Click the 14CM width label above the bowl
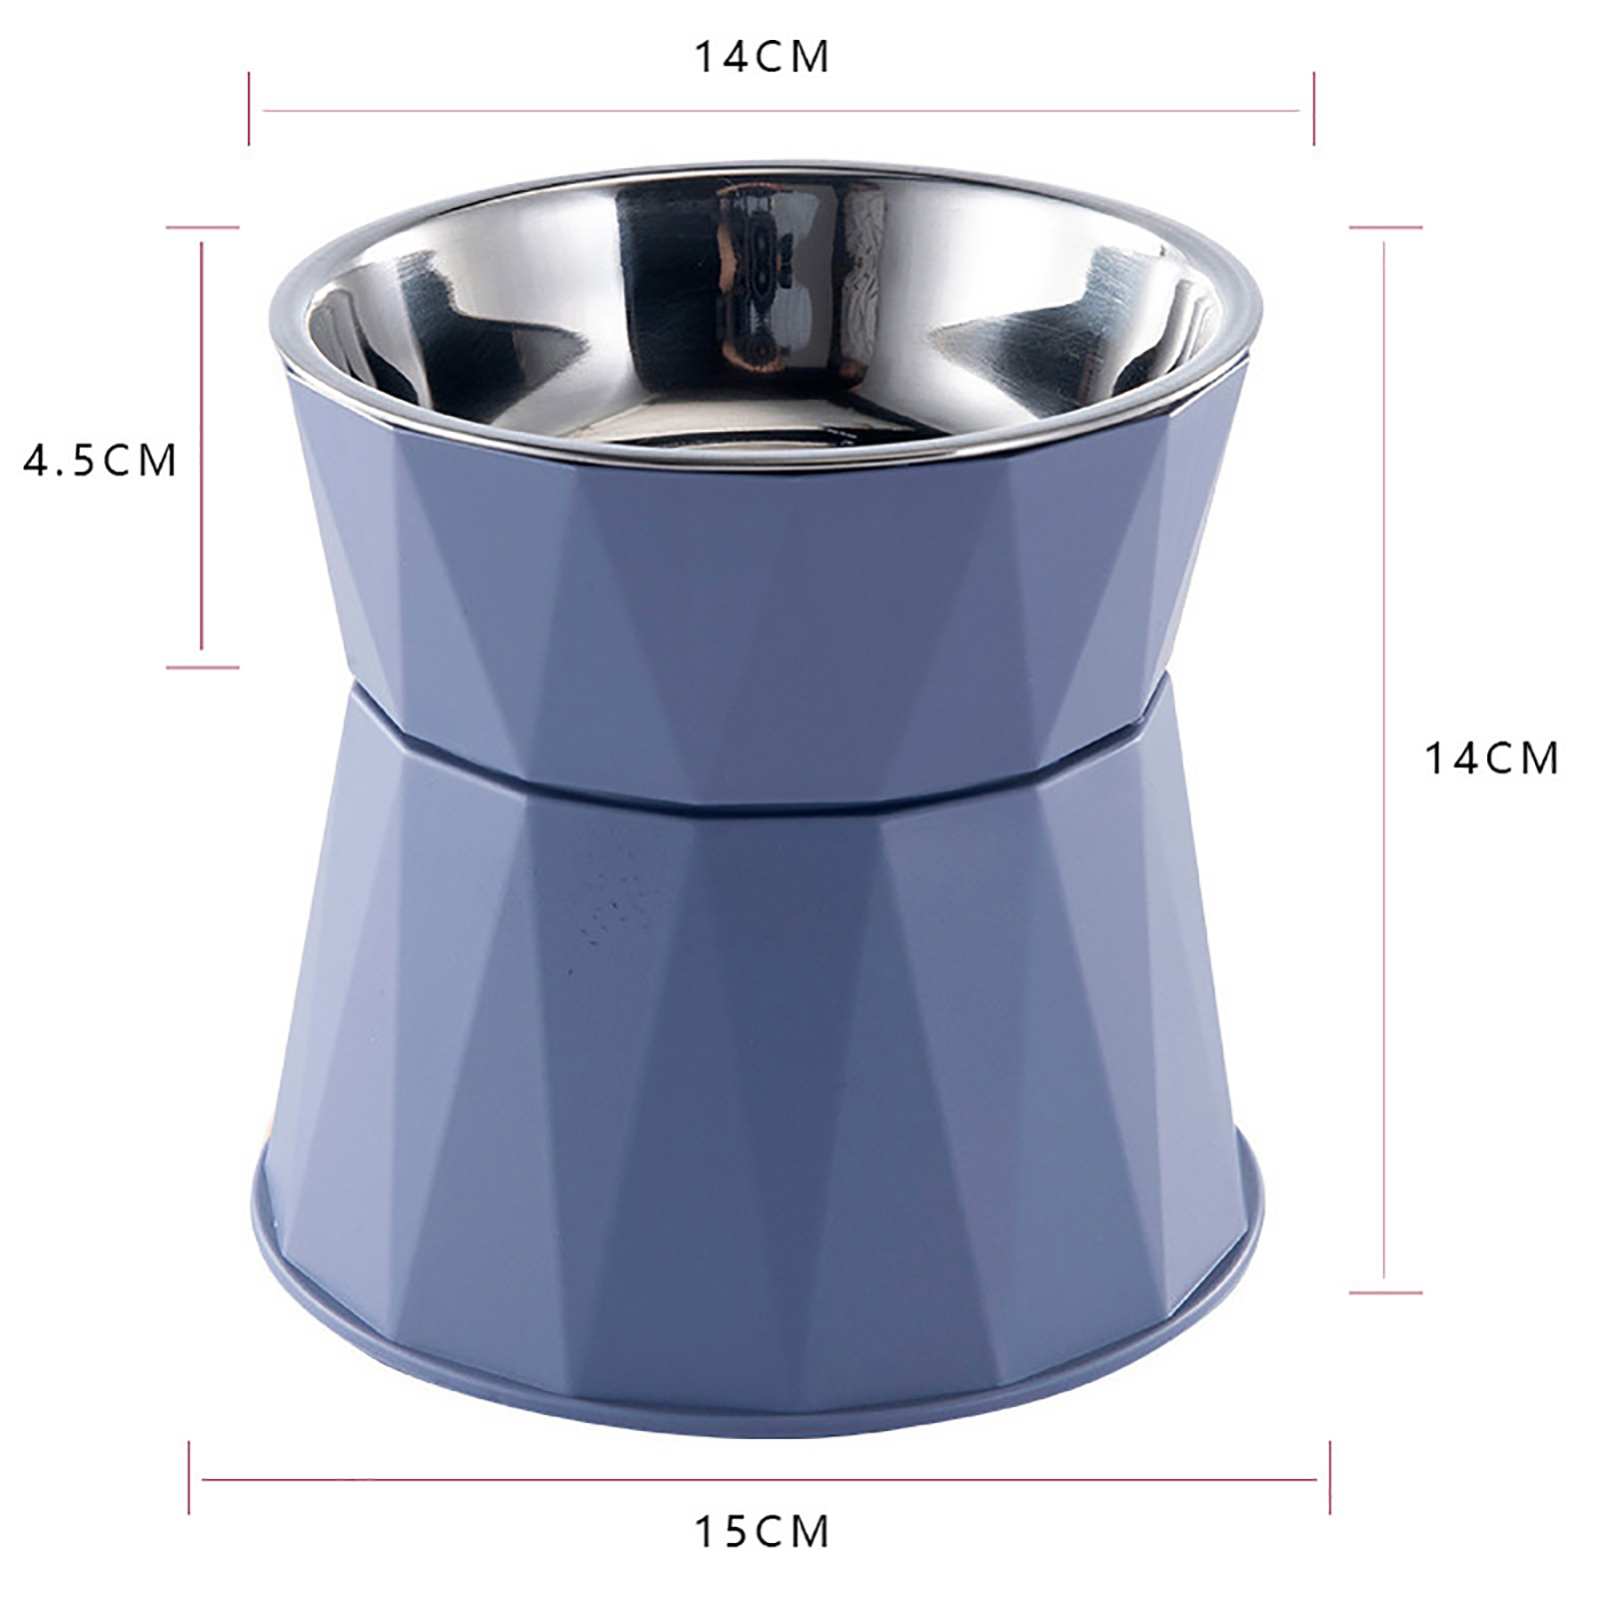(762, 57)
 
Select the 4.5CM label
(100, 461)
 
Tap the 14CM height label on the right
(1491, 759)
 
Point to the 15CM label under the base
(762, 1532)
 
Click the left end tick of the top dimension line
(249, 108)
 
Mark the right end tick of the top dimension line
(1313, 108)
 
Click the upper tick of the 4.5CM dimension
(203, 228)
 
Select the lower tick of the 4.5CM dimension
(203, 667)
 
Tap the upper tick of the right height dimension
(1385, 228)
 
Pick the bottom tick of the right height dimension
(1385, 1292)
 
